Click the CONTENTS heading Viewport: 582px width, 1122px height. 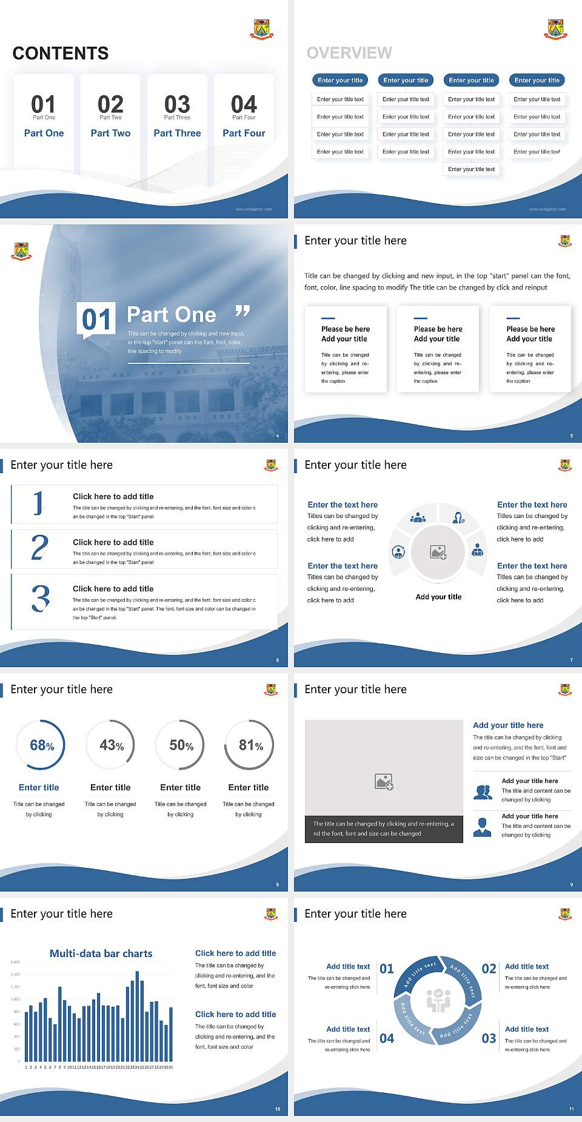[x=61, y=53]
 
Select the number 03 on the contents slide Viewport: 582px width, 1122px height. [x=177, y=104]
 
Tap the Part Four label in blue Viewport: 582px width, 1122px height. [x=244, y=133]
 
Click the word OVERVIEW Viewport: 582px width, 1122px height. [x=349, y=53]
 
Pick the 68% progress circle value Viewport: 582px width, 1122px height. [x=42, y=745]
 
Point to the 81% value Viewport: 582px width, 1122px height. [x=250, y=745]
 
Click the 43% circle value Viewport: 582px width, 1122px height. [x=112, y=745]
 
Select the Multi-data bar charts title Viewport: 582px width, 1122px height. [x=101, y=953]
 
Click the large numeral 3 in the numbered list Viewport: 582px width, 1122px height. [x=41, y=598]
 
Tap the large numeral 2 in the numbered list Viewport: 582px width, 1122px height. [x=39, y=547]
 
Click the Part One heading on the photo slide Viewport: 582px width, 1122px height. [x=172, y=315]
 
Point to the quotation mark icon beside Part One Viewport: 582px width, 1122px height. [x=242, y=311]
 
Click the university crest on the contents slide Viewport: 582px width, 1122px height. [x=262, y=29]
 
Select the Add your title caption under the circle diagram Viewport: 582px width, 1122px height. [x=438, y=597]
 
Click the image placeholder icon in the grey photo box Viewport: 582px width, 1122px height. [x=384, y=782]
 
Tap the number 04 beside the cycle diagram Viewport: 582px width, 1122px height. [x=387, y=1038]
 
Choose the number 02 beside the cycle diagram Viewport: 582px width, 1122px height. [x=489, y=969]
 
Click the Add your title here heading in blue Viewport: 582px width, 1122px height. [x=508, y=725]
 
